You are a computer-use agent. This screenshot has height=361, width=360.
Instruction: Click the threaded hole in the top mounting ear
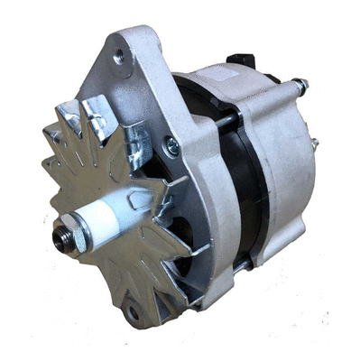pyautogui.click(x=120, y=57)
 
